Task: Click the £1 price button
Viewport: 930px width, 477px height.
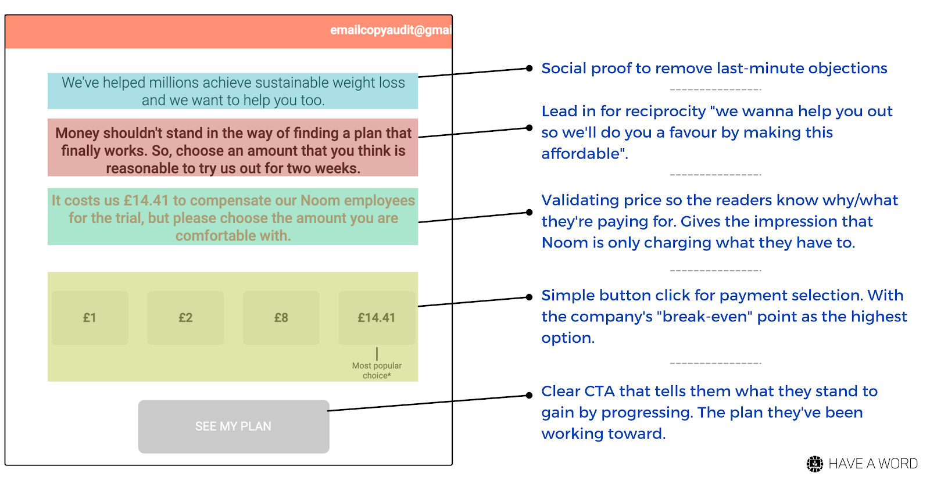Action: [90, 318]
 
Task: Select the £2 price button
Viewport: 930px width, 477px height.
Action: [185, 318]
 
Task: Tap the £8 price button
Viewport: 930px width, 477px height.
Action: [281, 318]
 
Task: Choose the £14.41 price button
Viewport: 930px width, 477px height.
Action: [377, 318]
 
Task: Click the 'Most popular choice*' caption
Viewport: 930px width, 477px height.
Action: [377, 370]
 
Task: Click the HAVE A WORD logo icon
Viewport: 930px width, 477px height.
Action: [815, 463]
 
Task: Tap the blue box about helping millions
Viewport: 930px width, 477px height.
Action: [233, 91]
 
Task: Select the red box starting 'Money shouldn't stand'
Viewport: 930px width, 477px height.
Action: [233, 150]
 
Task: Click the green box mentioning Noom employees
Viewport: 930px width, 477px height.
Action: [233, 217]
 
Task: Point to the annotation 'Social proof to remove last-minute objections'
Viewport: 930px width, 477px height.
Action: [714, 69]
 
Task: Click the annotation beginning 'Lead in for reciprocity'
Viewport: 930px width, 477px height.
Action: [716, 132]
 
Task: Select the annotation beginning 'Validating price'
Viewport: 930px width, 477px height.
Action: [719, 221]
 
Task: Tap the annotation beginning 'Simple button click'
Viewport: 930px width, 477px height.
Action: [724, 317]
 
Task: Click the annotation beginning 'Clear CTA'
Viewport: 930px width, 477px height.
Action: [709, 412]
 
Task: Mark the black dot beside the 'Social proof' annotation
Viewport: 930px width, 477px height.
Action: [529, 68]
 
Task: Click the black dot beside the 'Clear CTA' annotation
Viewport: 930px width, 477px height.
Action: [529, 395]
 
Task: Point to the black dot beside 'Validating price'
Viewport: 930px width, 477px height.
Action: [529, 212]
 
